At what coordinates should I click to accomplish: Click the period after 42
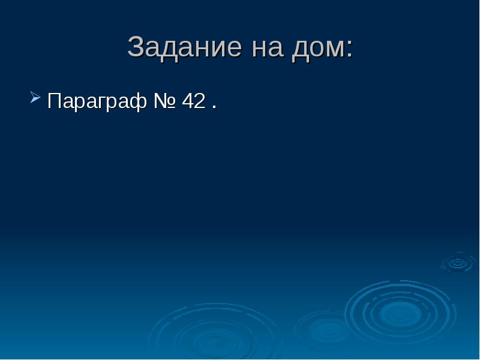click(x=214, y=107)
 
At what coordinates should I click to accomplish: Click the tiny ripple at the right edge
click(x=457, y=262)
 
